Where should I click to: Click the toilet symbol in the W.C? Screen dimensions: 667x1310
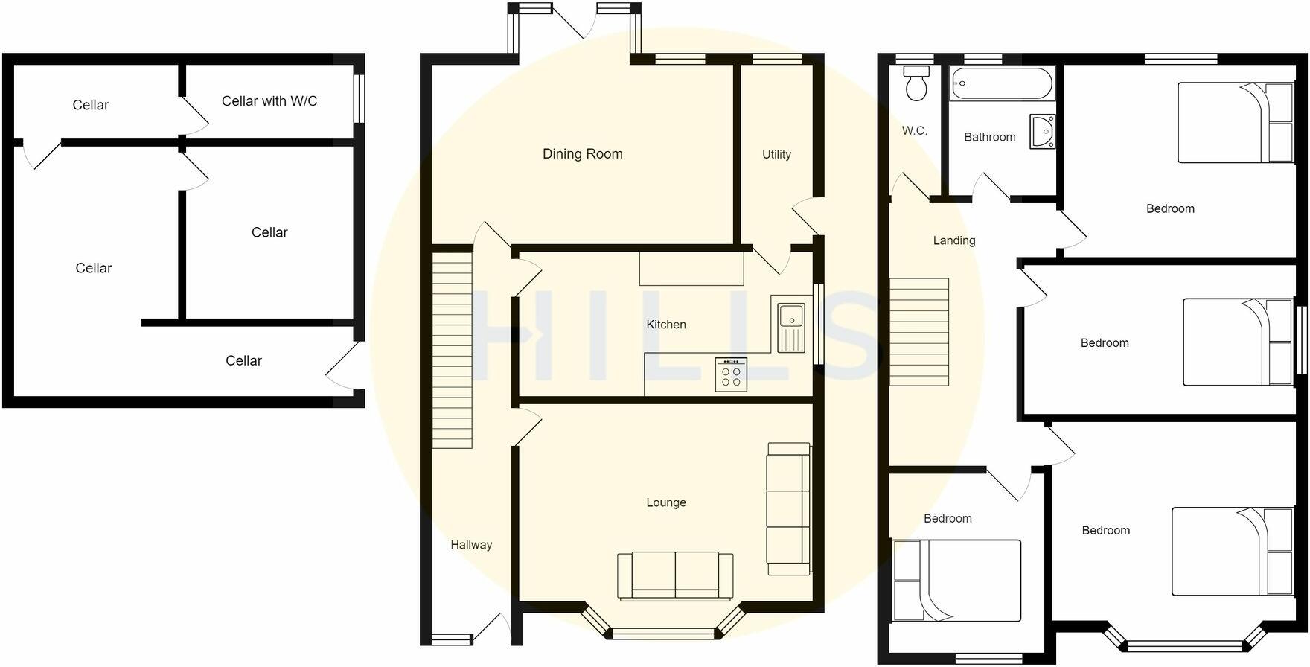click(x=916, y=83)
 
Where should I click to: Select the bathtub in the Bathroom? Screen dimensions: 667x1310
click(x=1002, y=83)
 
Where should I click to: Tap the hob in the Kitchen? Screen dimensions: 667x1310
click(x=731, y=374)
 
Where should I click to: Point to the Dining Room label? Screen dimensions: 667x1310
click(x=582, y=154)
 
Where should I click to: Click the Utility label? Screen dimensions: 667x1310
click(x=776, y=154)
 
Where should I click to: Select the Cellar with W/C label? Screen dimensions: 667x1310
click(x=269, y=101)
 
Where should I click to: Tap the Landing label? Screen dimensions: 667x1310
click(x=953, y=240)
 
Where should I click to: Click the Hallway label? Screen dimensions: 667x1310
click(x=471, y=545)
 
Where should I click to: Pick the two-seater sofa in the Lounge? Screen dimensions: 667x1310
click(x=675, y=575)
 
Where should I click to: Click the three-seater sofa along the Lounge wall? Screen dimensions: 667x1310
click(x=789, y=508)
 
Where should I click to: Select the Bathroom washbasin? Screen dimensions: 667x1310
click(x=1042, y=132)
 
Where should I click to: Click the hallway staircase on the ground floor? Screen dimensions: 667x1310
click(x=452, y=350)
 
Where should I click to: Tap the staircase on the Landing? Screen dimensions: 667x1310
click(x=919, y=332)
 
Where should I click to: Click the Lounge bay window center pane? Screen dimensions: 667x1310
click(x=662, y=634)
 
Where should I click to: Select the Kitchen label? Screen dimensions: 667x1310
click(x=665, y=325)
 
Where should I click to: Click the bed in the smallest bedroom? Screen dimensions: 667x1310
click(x=956, y=581)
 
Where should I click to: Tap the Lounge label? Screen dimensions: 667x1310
click(x=665, y=502)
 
